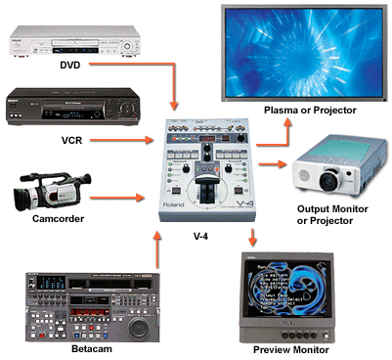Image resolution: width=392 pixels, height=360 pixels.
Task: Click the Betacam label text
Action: point(79,348)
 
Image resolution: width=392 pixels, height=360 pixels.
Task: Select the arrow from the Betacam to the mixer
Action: point(157,250)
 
